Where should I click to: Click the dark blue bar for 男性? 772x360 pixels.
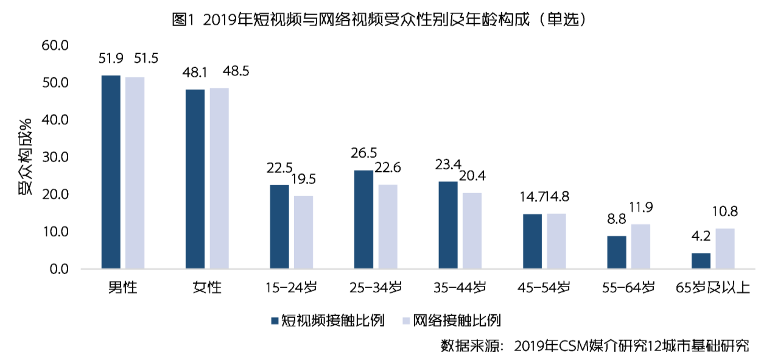tap(111, 172)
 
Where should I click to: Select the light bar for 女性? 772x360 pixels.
tap(219, 178)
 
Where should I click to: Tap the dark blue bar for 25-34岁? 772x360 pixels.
tap(364, 219)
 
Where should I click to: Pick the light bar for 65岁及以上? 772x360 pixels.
tap(725, 249)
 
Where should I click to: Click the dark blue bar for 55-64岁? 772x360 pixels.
tap(617, 252)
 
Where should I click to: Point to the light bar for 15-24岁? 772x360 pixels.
tap(304, 232)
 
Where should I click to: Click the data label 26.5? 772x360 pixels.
tap(363, 152)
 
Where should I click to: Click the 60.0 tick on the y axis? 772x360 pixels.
tap(55, 46)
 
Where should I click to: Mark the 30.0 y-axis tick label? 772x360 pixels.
tap(55, 157)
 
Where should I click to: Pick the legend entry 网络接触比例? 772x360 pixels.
tap(457, 320)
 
